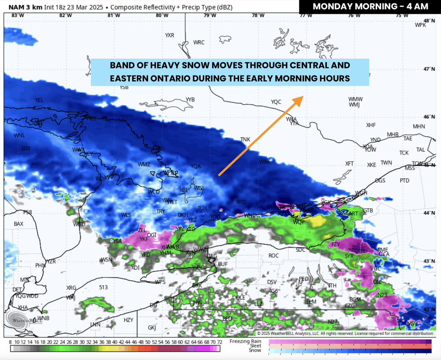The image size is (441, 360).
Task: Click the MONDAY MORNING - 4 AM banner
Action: [x=370, y=7]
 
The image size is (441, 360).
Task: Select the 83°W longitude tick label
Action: [x=17, y=15]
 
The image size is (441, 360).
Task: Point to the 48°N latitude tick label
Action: [x=429, y=21]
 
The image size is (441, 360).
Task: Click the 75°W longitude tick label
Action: [x=402, y=15]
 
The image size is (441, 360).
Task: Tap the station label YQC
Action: [x=276, y=102]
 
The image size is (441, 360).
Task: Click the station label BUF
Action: [x=223, y=264]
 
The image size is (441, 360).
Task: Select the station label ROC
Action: [x=273, y=256]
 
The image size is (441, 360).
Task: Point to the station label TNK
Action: [x=245, y=139]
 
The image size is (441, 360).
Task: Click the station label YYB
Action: [x=190, y=100]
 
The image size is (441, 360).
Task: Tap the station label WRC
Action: [x=199, y=42]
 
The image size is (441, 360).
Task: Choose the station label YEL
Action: [x=39, y=100]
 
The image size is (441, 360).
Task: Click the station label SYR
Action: [x=349, y=256]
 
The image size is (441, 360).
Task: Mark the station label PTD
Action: [x=404, y=180]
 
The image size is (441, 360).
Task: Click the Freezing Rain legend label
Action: [x=246, y=341]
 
